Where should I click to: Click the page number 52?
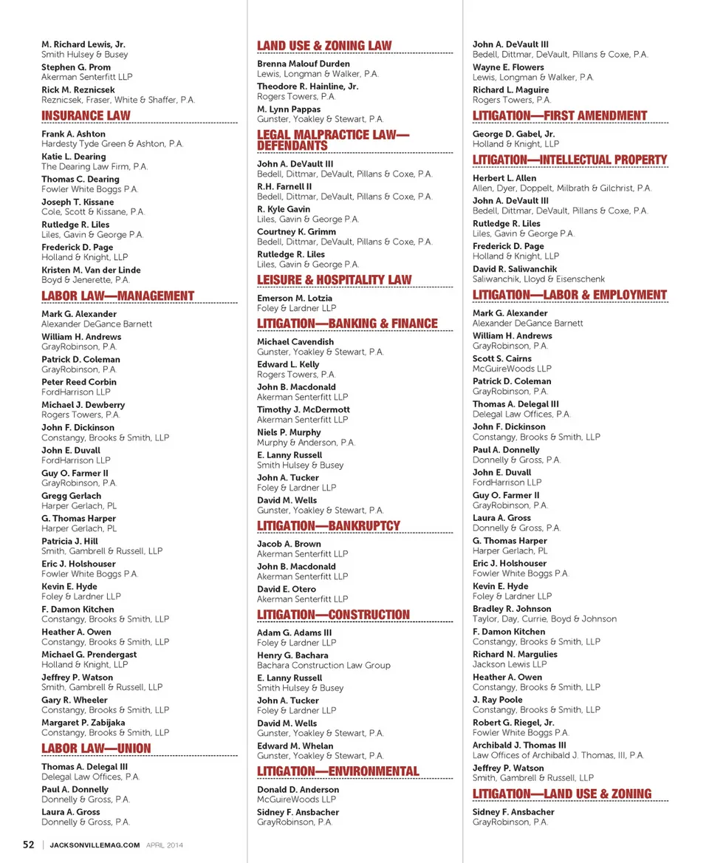(x=28, y=845)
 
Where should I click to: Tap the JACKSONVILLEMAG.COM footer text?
(x=95, y=845)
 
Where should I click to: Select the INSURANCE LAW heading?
(x=86, y=115)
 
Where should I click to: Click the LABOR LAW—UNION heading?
(x=96, y=748)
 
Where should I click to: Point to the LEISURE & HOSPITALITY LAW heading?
(x=335, y=280)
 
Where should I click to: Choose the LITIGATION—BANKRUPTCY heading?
(x=329, y=526)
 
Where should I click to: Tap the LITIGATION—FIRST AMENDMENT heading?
(x=560, y=115)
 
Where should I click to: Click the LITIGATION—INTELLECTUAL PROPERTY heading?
(x=569, y=160)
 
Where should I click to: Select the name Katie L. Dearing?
(x=74, y=157)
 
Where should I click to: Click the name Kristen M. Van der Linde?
(x=91, y=270)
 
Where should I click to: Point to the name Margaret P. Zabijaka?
(x=83, y=723)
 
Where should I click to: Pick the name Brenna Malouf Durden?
(x=304, y=64)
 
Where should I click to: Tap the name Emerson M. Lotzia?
(x=295, y=299)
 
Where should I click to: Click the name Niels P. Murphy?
(x=289, y=432)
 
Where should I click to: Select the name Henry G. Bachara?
(x=292, y=655)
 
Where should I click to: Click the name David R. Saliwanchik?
(x=515, y=269)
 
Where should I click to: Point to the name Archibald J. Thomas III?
(x=519, y=746)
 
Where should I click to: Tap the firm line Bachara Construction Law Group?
(x=323, y=665)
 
